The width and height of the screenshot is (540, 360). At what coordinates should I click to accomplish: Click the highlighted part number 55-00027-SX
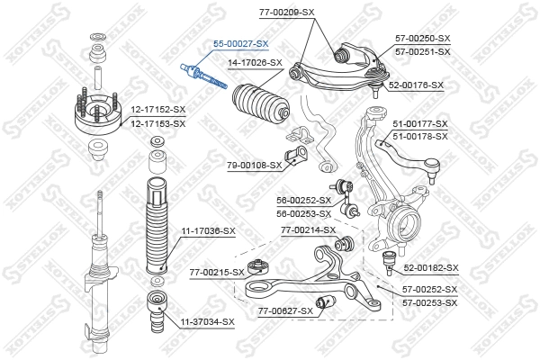[240, 43]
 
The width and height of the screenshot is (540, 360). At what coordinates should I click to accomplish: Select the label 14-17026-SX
[255, 63]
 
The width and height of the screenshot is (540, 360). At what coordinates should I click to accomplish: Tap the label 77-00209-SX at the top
[286, 13]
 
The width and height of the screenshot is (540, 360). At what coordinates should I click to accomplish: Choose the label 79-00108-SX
[254, 165]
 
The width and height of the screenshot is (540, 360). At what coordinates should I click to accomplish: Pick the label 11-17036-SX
[208, 231]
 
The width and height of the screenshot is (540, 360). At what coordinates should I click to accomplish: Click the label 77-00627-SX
[286, 310]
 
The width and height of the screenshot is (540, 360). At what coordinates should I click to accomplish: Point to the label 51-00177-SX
[419, 124]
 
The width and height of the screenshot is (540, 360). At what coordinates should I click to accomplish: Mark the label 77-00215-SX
[217, 271]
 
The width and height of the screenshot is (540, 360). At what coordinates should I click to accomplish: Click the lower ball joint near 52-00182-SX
[390, 262]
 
